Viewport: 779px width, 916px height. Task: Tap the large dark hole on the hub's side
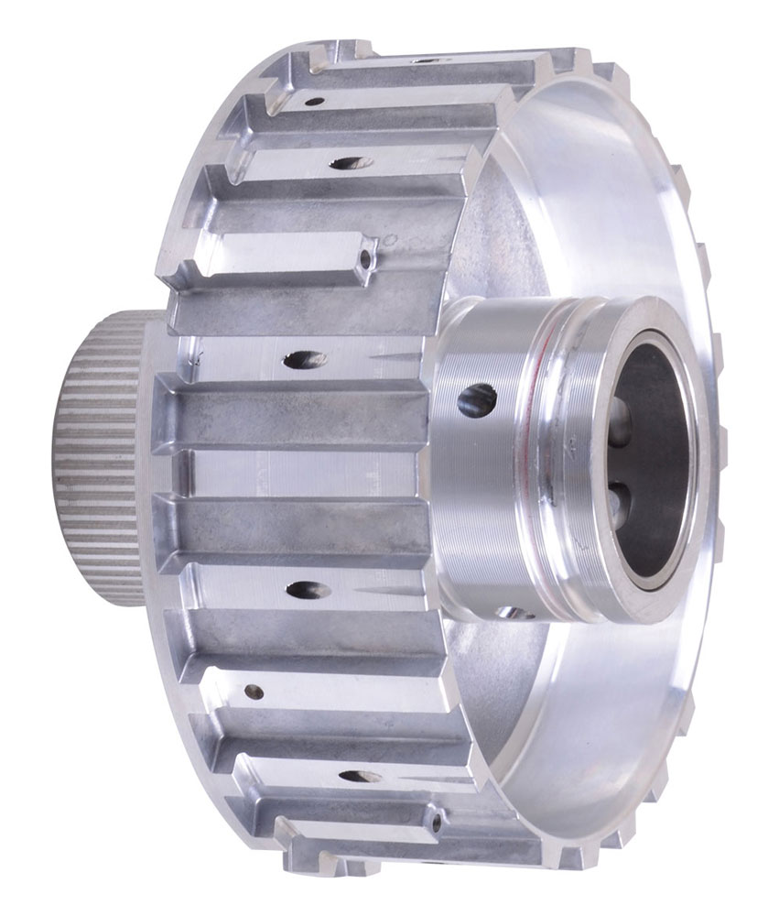pos(477,398)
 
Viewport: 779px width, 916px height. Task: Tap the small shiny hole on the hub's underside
pos(515,612)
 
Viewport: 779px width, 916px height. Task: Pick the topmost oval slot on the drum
pos(346,164)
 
